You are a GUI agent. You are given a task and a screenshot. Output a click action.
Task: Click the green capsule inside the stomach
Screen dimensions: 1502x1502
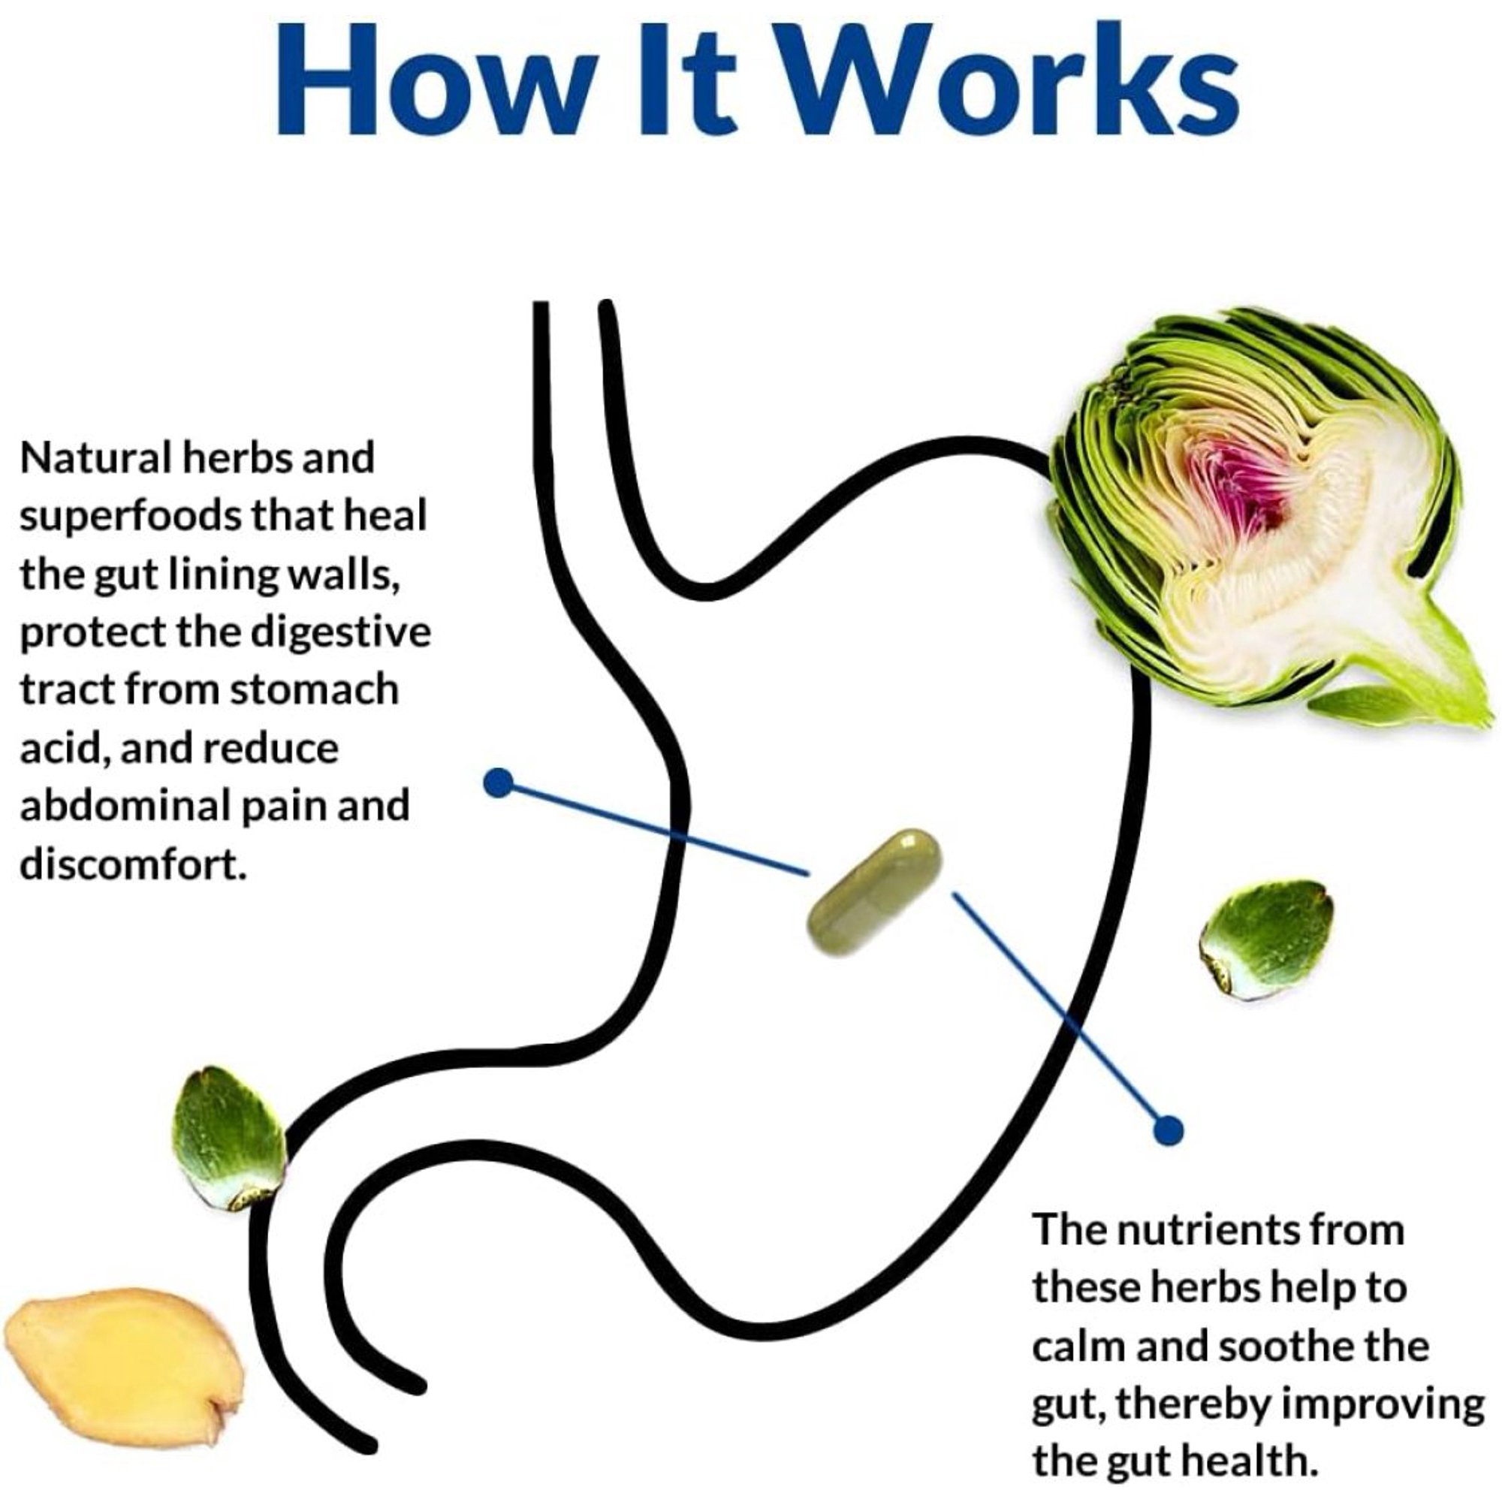[875, 891]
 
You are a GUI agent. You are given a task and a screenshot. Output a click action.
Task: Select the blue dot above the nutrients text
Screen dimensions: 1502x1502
[1167, 1130]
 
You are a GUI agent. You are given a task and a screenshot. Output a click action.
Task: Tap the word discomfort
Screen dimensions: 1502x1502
[133, 864]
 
